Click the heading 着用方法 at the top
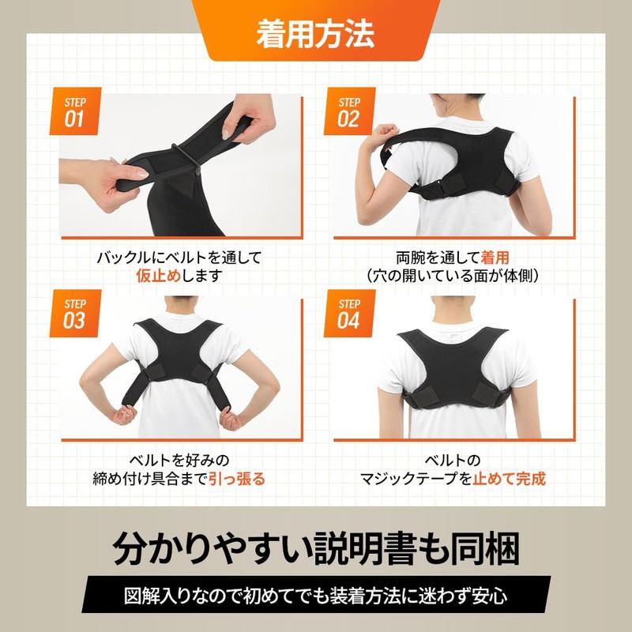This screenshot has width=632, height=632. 315,32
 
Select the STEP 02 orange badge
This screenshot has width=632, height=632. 348,111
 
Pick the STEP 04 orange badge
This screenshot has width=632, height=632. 348,314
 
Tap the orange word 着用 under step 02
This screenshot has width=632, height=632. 495,258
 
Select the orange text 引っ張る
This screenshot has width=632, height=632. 237,478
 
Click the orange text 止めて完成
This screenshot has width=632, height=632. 510,478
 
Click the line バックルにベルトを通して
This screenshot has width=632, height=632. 179,258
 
